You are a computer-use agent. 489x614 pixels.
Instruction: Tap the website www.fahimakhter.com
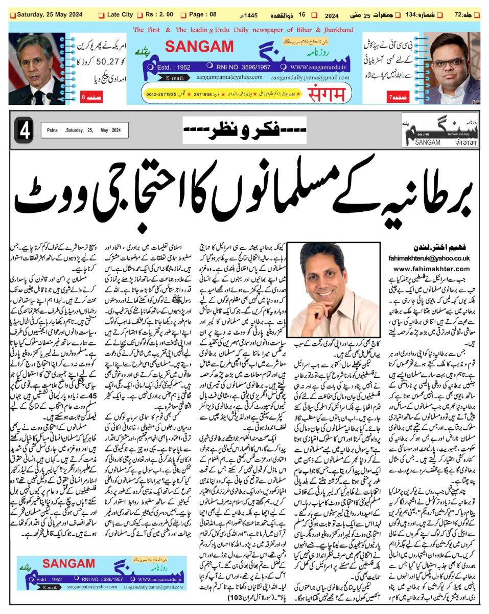click(x=432, y=268)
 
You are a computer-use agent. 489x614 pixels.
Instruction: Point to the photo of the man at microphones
click(x=36, y=69)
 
